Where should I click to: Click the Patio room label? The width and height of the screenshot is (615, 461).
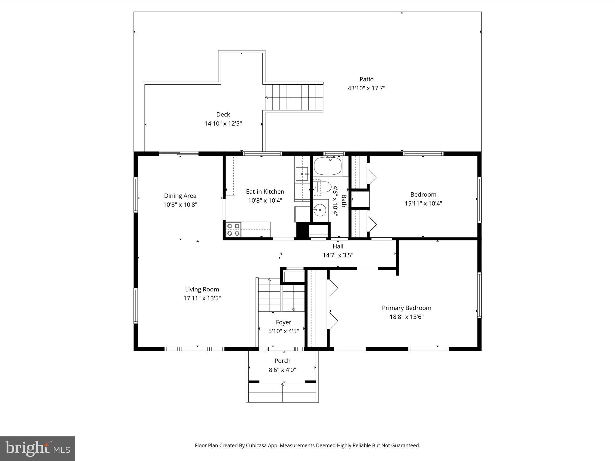[x=366, y=79]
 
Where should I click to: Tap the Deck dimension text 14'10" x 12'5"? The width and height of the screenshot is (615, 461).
[x=223, y=123]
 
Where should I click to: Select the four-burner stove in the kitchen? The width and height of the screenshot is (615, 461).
[x=233, y=229]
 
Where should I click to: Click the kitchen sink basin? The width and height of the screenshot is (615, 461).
[x=301, y=174]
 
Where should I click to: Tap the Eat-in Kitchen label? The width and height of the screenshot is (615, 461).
[x=265, y=191]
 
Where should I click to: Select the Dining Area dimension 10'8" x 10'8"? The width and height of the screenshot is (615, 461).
[x=180, y=205]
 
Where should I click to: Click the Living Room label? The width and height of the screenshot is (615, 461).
[x=202, y=289]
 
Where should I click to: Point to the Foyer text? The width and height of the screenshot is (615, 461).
[x=283, y=322]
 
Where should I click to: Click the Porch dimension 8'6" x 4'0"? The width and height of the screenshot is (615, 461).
[x=282, y=370]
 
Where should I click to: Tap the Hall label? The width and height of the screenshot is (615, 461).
[x=338, y=246]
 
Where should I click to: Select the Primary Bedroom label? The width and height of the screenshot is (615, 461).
[x=406, y=308]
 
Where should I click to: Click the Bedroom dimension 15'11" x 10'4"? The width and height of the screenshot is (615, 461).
[x=423, y=203]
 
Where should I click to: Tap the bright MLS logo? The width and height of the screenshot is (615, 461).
[x=38, y=448]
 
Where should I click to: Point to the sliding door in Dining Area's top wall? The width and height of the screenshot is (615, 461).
[x=179, y=154]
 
